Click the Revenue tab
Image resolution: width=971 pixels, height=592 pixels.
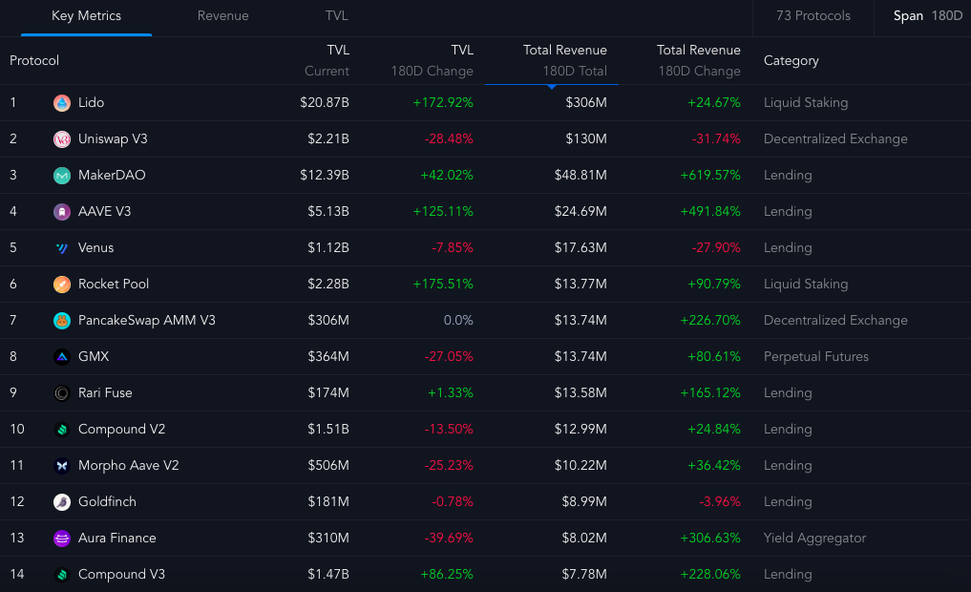[222, 16]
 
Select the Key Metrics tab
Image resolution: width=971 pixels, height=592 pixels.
[86, 16]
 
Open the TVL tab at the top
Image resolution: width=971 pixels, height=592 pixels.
[336, 16]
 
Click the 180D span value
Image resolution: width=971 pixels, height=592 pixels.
[947, 16]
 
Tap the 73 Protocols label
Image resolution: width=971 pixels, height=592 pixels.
[813, 16]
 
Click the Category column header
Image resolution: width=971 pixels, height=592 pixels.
[791, 61]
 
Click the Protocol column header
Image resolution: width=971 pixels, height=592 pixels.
[34, 61]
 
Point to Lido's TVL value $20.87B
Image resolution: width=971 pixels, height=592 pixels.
[324, 103]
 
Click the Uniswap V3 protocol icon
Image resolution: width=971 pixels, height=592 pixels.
[62, 139]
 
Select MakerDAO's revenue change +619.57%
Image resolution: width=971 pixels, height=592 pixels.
[710, 176]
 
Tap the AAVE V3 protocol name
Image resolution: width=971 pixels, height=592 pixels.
[104, 212]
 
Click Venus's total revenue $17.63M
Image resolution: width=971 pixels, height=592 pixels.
[580, 248]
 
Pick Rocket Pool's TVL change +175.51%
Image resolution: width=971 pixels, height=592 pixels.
[443, 285]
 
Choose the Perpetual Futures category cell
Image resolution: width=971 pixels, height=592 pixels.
[815, 357]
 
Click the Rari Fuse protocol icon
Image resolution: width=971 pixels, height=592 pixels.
[62, 393]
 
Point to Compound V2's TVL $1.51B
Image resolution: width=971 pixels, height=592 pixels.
[327, 430]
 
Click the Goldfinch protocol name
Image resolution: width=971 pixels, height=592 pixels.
[107, 502]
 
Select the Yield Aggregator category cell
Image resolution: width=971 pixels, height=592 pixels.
[814, 539]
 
